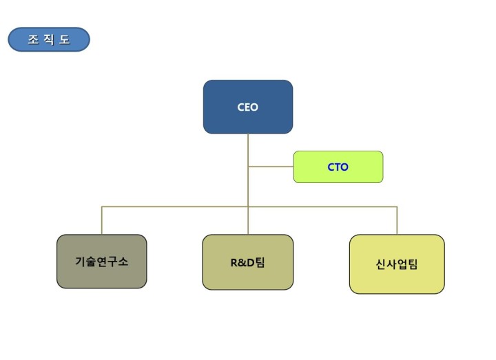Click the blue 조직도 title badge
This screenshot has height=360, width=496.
coord(49,39)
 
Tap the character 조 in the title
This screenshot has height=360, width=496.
coord(33,39)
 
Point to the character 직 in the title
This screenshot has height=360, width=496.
coord(49,39)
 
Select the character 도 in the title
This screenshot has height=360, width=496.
coord(64,39)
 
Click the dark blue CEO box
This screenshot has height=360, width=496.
coord(248,107)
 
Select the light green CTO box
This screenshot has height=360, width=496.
coord(338,167)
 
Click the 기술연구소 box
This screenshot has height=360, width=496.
coord(101,262)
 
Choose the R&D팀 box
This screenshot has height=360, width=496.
coord(248,262)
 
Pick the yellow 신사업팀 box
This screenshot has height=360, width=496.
coord(397,264)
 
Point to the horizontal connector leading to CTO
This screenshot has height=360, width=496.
coord(271,167)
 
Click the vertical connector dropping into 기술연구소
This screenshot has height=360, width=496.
coord(101,221)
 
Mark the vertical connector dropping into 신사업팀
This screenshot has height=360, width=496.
coord(397,221)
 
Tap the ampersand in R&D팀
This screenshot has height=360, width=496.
coord(242,263)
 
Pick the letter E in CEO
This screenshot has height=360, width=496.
coord(247,107)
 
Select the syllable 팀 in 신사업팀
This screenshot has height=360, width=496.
coord(412,264)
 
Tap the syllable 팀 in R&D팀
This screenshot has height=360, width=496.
coord(260,262)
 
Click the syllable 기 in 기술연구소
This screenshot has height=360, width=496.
coord(81,262)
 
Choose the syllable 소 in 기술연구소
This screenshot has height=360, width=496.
coord(123,262)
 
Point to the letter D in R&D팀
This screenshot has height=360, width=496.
coord(250,263)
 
